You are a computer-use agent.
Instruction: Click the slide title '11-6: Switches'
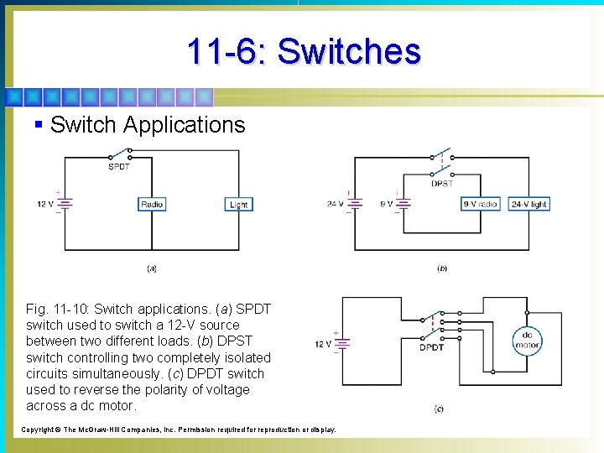[x=304, y=51]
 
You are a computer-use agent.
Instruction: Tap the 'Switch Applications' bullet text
[x=147, y=125]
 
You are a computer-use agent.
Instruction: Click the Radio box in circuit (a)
[x=152, y=204]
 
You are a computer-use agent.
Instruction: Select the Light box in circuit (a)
[x=238, y=204]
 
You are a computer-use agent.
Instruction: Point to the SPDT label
[x=118, y=166]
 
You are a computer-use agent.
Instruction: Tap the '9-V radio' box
[x=481, y=204]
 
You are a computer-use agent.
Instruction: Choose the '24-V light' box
[x=528, y=204]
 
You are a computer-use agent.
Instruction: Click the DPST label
[x=442, y=183]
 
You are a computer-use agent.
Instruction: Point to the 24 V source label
[x=335, y=204]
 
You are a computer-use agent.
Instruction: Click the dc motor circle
[x=528, y=340]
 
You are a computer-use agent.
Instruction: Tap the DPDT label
[x=432, y=346]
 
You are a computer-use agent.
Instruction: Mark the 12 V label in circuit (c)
[x=323, y=344]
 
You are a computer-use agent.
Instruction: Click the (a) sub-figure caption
[x=152, y=268]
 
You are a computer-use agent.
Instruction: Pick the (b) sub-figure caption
[x=442, y=268]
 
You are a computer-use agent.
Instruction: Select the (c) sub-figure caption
[x=439, y=409]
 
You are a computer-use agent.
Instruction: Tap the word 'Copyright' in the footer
[x=37, y=430]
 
